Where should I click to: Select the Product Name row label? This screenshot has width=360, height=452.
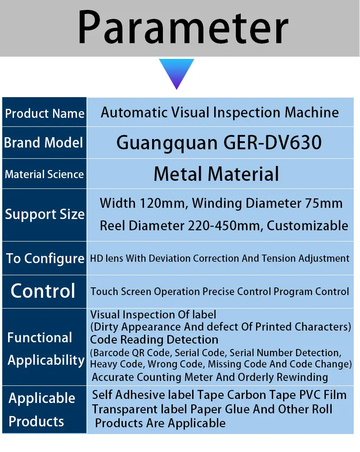click(45, 113)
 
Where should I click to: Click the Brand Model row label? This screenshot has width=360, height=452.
click(44, 143)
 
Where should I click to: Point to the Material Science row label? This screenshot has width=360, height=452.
click(44, 174)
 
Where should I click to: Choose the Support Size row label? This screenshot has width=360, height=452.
click(45, 214)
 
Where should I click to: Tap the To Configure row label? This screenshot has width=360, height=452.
click(45, 258)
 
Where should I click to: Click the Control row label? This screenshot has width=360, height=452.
click(43, 291)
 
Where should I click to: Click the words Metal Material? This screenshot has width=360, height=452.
click(216, 174)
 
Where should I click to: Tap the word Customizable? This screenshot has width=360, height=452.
click(307, 225)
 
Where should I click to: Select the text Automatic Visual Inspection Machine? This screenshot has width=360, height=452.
click(220, 112)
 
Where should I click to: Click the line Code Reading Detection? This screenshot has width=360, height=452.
click(154, 340)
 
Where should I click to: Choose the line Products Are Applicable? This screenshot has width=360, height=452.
click(160, 423)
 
